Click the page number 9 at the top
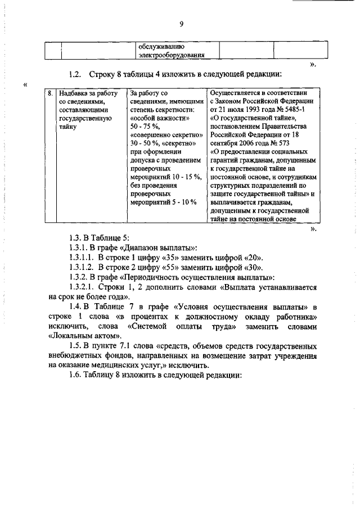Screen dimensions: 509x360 [x=182, y=23]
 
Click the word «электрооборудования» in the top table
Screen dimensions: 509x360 [x=171, y=56]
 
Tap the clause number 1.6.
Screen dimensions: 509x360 [x=74, y=376]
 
